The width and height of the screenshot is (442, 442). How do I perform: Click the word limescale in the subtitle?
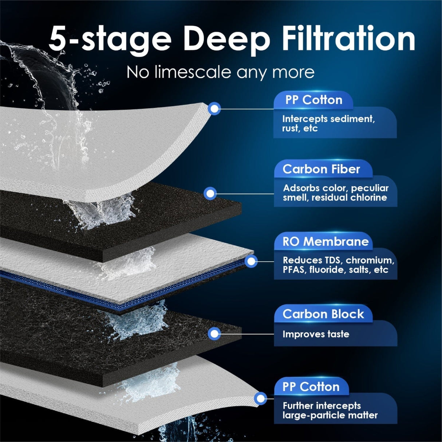click(193, 72)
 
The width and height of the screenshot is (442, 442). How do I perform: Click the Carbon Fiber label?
click(321, 169)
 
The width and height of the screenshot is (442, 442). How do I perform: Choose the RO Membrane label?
click(325, 241)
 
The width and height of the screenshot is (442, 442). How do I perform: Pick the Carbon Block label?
click(323, 314)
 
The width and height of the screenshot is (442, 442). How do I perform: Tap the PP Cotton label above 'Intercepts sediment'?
click(313, 100)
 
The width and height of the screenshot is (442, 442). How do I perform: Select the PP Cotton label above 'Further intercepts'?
click(311, 386)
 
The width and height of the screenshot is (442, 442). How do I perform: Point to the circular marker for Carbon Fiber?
click(210, 193)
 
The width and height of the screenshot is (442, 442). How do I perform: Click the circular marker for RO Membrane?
click(251, 261)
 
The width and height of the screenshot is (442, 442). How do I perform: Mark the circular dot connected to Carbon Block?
click(215, 334)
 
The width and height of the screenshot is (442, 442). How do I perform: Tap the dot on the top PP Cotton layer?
click(214, 108)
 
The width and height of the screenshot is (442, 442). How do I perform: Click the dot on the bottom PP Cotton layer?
click(260, 399)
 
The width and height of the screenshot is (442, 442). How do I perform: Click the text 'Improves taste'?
click(316, 334)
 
